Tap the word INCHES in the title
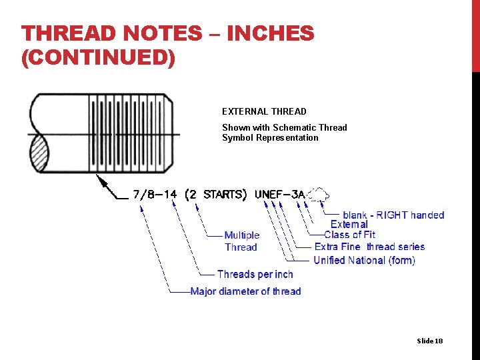pos(270,33)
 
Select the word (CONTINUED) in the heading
pos(98,58)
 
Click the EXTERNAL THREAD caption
pos(264,111)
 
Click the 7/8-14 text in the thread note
pos(155,195)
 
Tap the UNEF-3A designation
pos(279,195)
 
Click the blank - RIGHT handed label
pos(393,215)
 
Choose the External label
pos(349,225)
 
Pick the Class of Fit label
pos(349,235)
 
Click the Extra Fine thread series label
pos(369,247)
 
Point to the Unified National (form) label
pos(364,260)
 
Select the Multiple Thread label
pos(241,241)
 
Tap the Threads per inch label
pos(255,274)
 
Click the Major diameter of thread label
pos(245,291)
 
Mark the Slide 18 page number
pos(429,341)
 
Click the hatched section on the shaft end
pos(37,153)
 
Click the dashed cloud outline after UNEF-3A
pos(319,194)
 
